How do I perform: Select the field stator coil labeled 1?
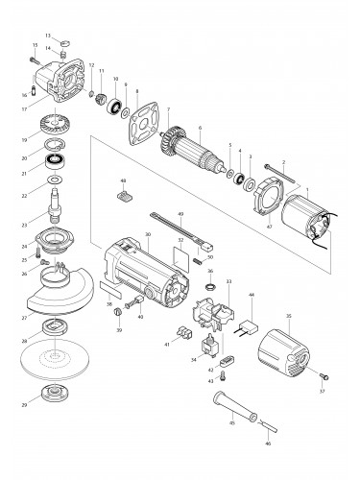[x=299, y=218]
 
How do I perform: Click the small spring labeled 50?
[x=197, y=257]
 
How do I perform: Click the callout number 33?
[x=228, y=281]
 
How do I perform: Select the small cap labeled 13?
[x=65, y=41]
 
